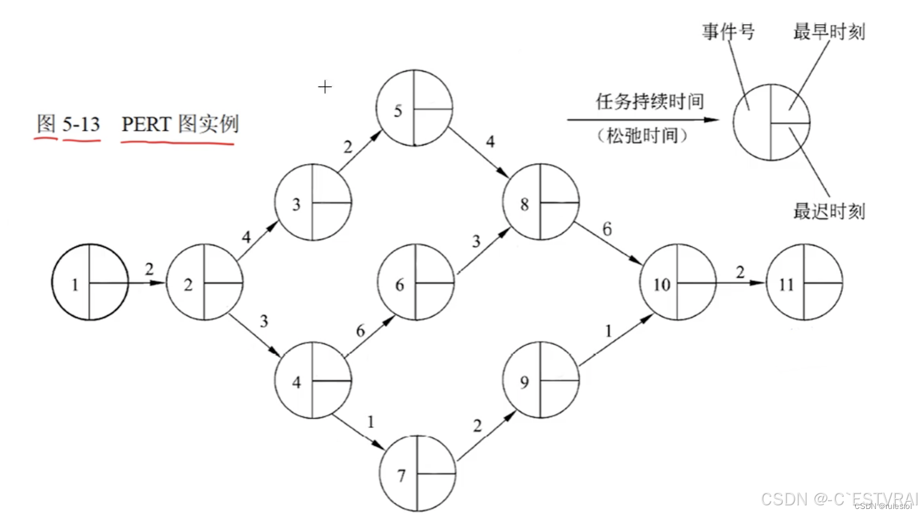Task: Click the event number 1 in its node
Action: coord(75,284)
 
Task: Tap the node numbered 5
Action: coord(414,108)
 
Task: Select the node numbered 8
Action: coord(540,202)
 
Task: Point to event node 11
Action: coord(804,282)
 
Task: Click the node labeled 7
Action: coord(418,474)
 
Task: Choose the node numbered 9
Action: coord(540,380)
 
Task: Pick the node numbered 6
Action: coord(416,282)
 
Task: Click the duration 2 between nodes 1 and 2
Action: coord(149,270)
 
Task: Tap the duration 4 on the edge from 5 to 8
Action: coord(490,141)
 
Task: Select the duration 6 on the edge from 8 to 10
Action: coord(607,229)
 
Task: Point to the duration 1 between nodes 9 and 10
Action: coord(608,331)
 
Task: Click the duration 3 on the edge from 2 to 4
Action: coord(263,321)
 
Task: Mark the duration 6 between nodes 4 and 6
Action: coord(360,331)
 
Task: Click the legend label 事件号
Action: coord(728,31)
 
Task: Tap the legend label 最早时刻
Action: coord(829,31)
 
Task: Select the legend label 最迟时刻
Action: coord(829,211)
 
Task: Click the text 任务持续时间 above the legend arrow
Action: coord(650,101)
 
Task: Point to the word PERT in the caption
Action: coord(146,124)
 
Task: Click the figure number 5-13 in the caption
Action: coord(81,125)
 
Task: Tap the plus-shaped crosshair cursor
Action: coord(325,87)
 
